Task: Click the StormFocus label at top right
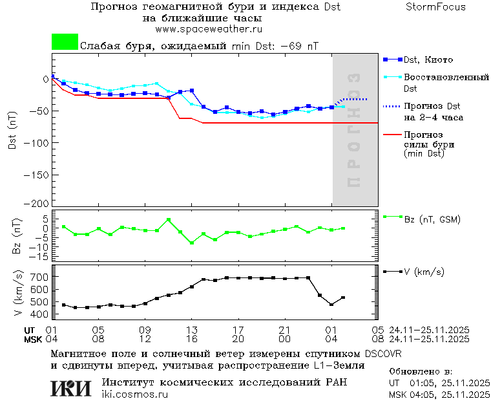coord(435,7)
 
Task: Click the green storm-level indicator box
coord(65,42)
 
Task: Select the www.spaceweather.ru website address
coord(208,29)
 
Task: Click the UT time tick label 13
coord(191,329)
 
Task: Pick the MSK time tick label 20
coord(238,338)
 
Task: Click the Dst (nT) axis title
coord(12,131)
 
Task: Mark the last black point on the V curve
coord(343,298)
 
